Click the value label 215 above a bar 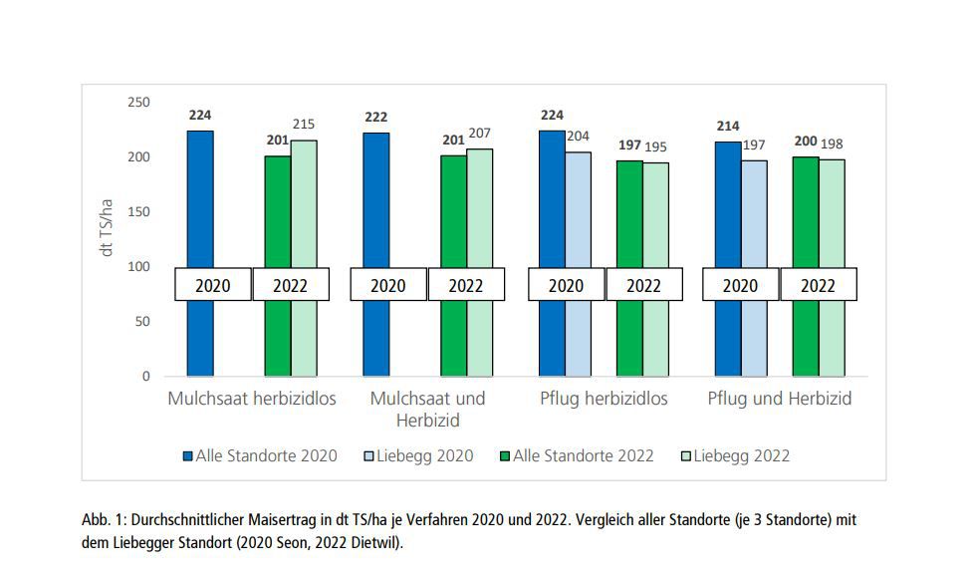pos(304,125)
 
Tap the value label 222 pos(375,117)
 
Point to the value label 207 pos(479,133)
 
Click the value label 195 pos(655,146)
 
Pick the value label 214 pos(728,127)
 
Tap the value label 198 pos(832,144)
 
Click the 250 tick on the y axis pos(138,103)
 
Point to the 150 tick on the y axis pos(138,212)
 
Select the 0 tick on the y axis pos(145,377)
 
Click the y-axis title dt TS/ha pos(107,228)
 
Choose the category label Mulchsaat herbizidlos pos(252,399)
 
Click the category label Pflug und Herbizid pos(780,399)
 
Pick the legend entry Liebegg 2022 pos(737,455)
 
